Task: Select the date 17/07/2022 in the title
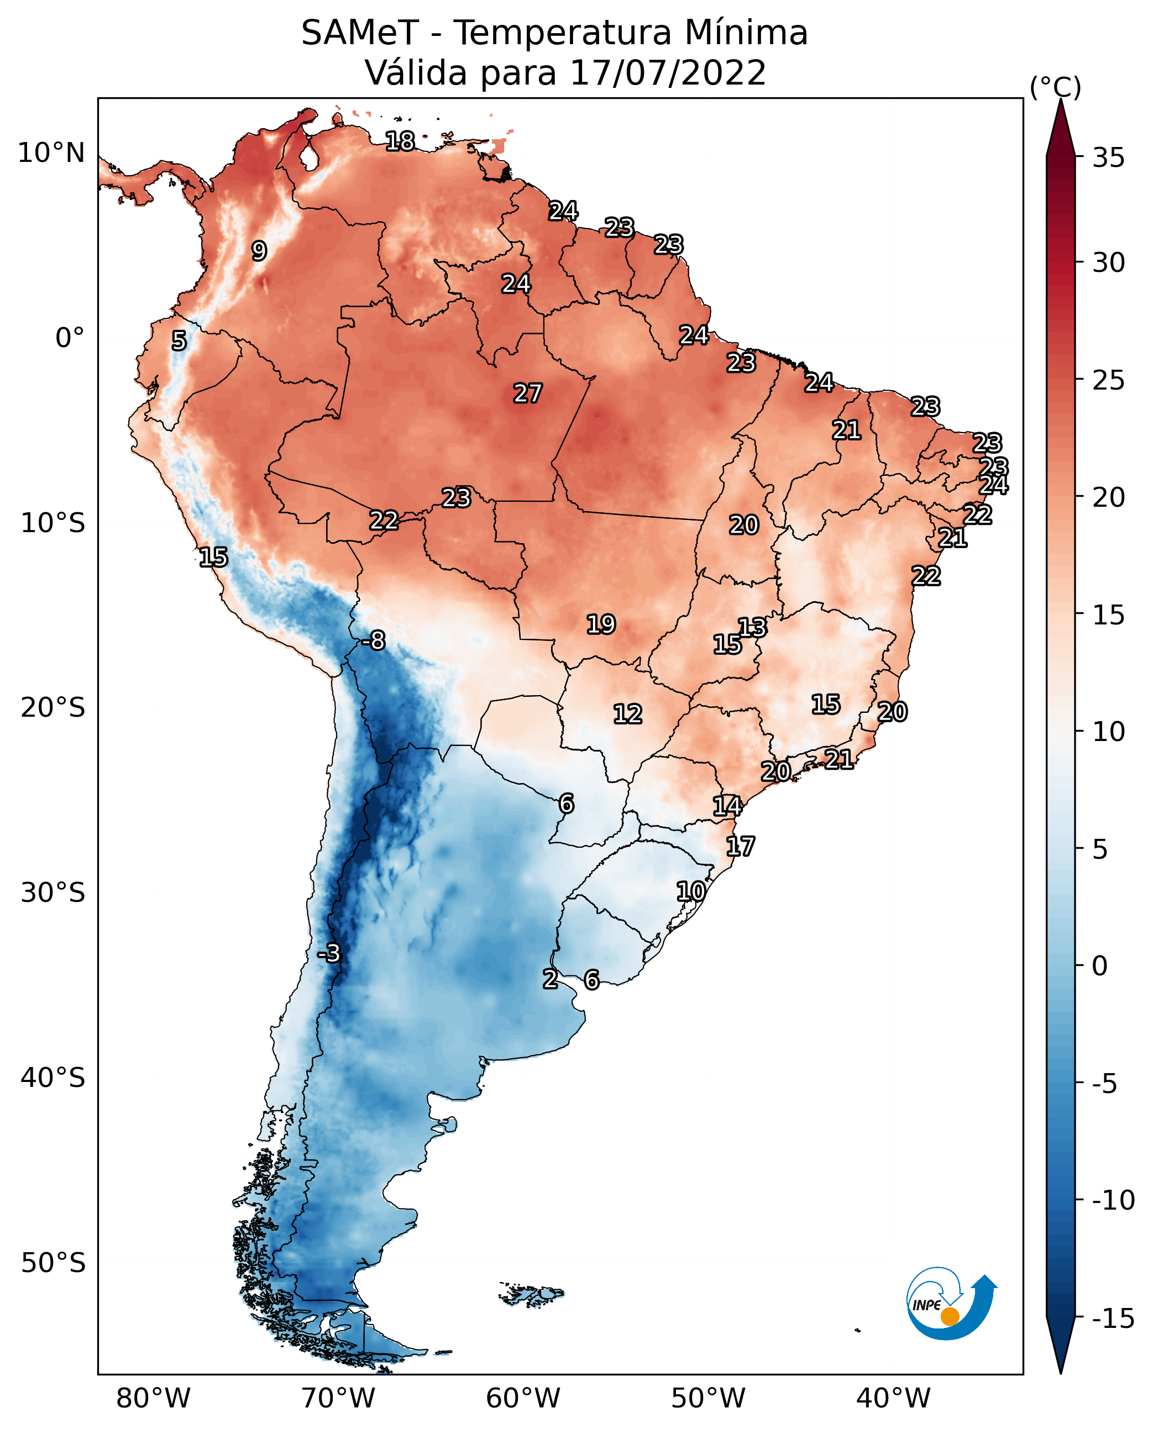[x=668, y=73]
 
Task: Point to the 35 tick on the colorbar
[x=1108, y=158]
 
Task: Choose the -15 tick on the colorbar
[x=1113, y=1319]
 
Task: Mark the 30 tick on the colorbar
[x=1108, y=263]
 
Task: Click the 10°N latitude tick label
[x=51, y=154]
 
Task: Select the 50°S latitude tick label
[x=53, y=1262]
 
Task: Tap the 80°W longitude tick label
[x=154, y=1398]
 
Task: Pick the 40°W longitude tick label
[x=893, y=1398]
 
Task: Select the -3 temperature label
[x=328, y=953]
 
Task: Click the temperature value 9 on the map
[x=259, y=251]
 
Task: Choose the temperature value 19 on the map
[x=601, y=624]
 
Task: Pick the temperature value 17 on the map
[x=741, y=847]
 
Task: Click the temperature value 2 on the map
[x=550, y=979]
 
